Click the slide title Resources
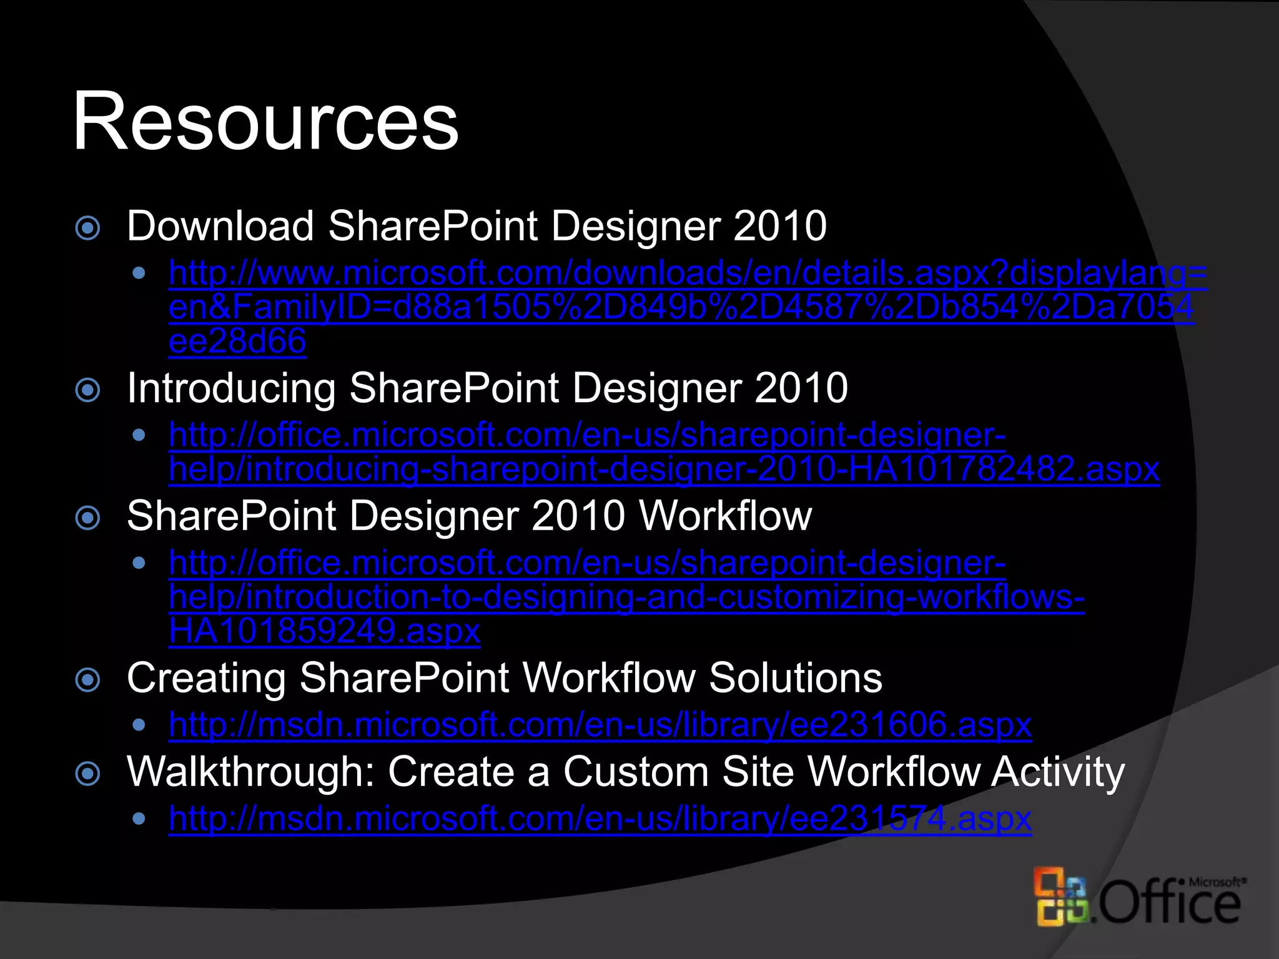(x=265, y=121)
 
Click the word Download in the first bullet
(x=220, y=226)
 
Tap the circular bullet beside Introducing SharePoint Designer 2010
(x=87, y=391)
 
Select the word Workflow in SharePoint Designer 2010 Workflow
(x=725, y=516)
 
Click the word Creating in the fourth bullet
(x=205, y=679)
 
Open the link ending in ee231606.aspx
(x=600, y=725)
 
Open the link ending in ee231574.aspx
(x=600, y=819)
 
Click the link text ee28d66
(x=237, y=342)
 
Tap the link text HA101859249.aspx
(x=324, y=631)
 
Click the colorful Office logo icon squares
(x=1062, y=897)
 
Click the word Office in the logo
(x=1168, y=904)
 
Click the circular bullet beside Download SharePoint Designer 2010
(x=87, y=228)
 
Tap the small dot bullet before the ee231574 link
(x=139, y=819)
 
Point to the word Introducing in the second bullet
(x=231, y=389)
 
